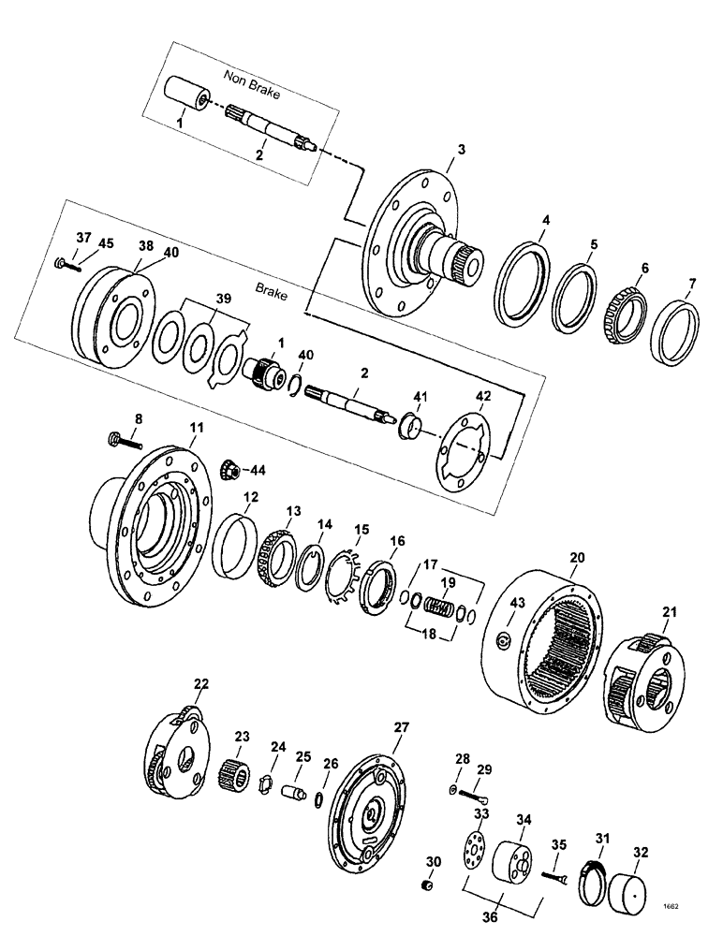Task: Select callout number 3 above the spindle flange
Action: point(460,150)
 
